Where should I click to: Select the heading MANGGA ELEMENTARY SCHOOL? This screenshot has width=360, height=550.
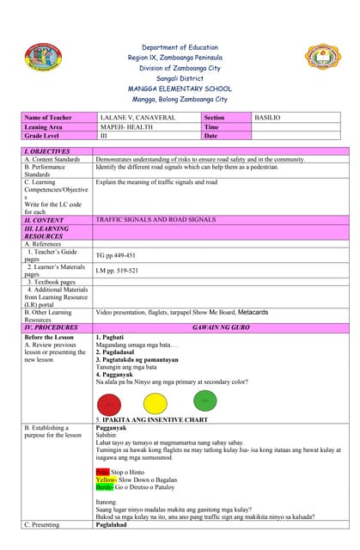[x=179, y=89]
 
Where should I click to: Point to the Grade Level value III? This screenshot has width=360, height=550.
[x=104, y=136]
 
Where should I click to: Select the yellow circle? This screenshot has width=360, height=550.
[x=156, y=402]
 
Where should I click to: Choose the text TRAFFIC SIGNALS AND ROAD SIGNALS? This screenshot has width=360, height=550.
[x=156, y=221]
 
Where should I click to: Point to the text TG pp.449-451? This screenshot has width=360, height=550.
[x=116, y=255]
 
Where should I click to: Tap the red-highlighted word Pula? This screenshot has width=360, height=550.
[x=102, y=472]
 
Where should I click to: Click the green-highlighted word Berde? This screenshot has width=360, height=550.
[x=105, y=486]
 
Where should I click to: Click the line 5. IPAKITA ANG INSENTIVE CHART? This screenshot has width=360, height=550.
[x=152, y=419]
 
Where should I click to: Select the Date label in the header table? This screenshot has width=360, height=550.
[x=211, y=136]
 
